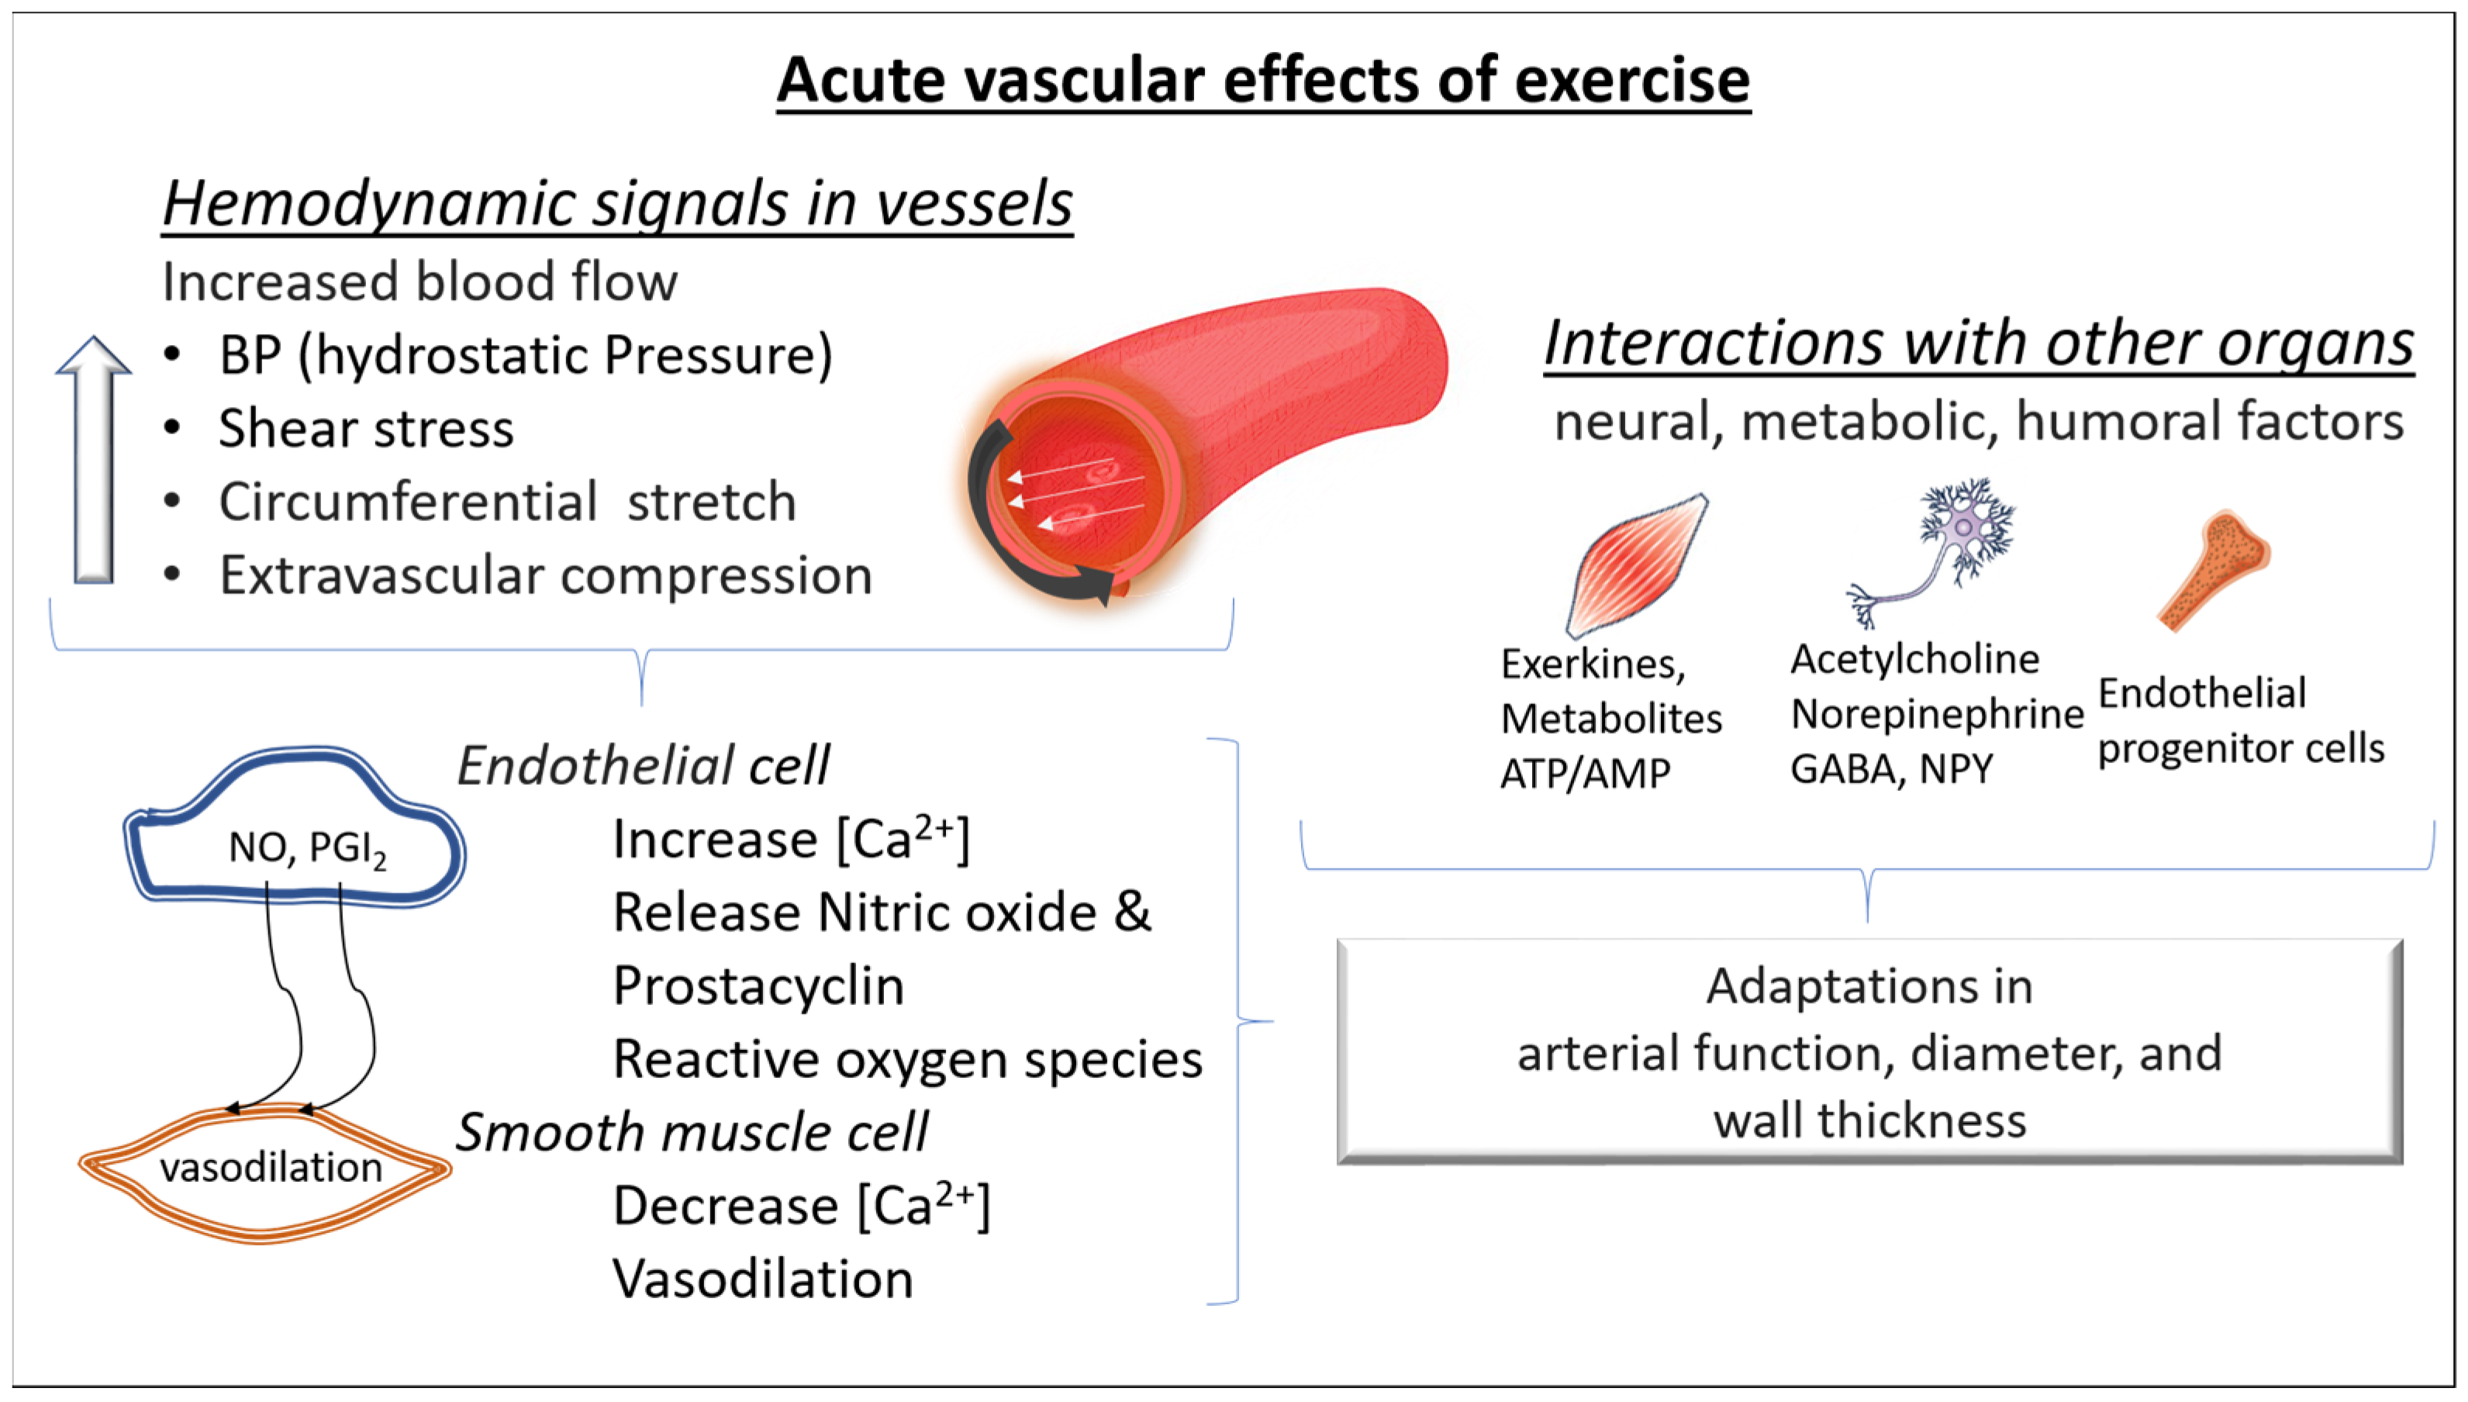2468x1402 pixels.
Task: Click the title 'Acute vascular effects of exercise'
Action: (x=1263, y=80)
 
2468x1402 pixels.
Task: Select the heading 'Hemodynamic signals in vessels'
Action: (x=617, y=204)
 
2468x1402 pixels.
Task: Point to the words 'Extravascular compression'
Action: (x=546, y=576)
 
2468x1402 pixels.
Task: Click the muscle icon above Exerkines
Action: (x=1636, y=565)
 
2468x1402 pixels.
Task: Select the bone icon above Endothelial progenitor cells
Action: (x=2213, y=570)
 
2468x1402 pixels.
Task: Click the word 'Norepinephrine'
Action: (x=1937, y=714)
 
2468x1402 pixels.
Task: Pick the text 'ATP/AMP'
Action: (x=1586, y=773)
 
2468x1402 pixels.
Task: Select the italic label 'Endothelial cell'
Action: (x=642, y=765)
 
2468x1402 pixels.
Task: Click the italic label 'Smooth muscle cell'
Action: (x=691, y=1132)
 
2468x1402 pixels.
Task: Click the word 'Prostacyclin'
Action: (x=758, y=987)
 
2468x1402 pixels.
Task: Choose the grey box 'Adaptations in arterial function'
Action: (x=1869, y=1051)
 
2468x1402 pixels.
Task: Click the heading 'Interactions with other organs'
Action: (x=1979, y=343)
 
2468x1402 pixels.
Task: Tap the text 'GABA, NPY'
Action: (x=1891, y=769)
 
